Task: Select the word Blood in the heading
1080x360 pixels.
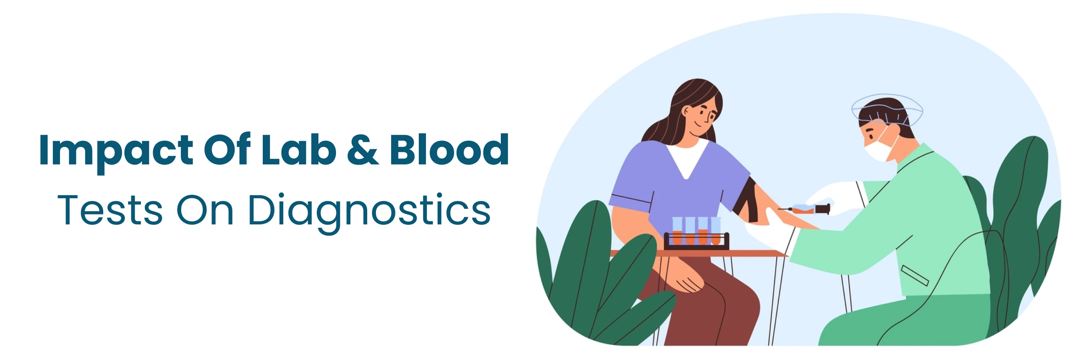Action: pos(449,150)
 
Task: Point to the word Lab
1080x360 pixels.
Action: pos(298,150)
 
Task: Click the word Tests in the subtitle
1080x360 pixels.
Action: pos(110,210)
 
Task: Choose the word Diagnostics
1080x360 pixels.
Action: pos(369,211)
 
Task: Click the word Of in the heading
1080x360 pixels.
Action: pos(227,150)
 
